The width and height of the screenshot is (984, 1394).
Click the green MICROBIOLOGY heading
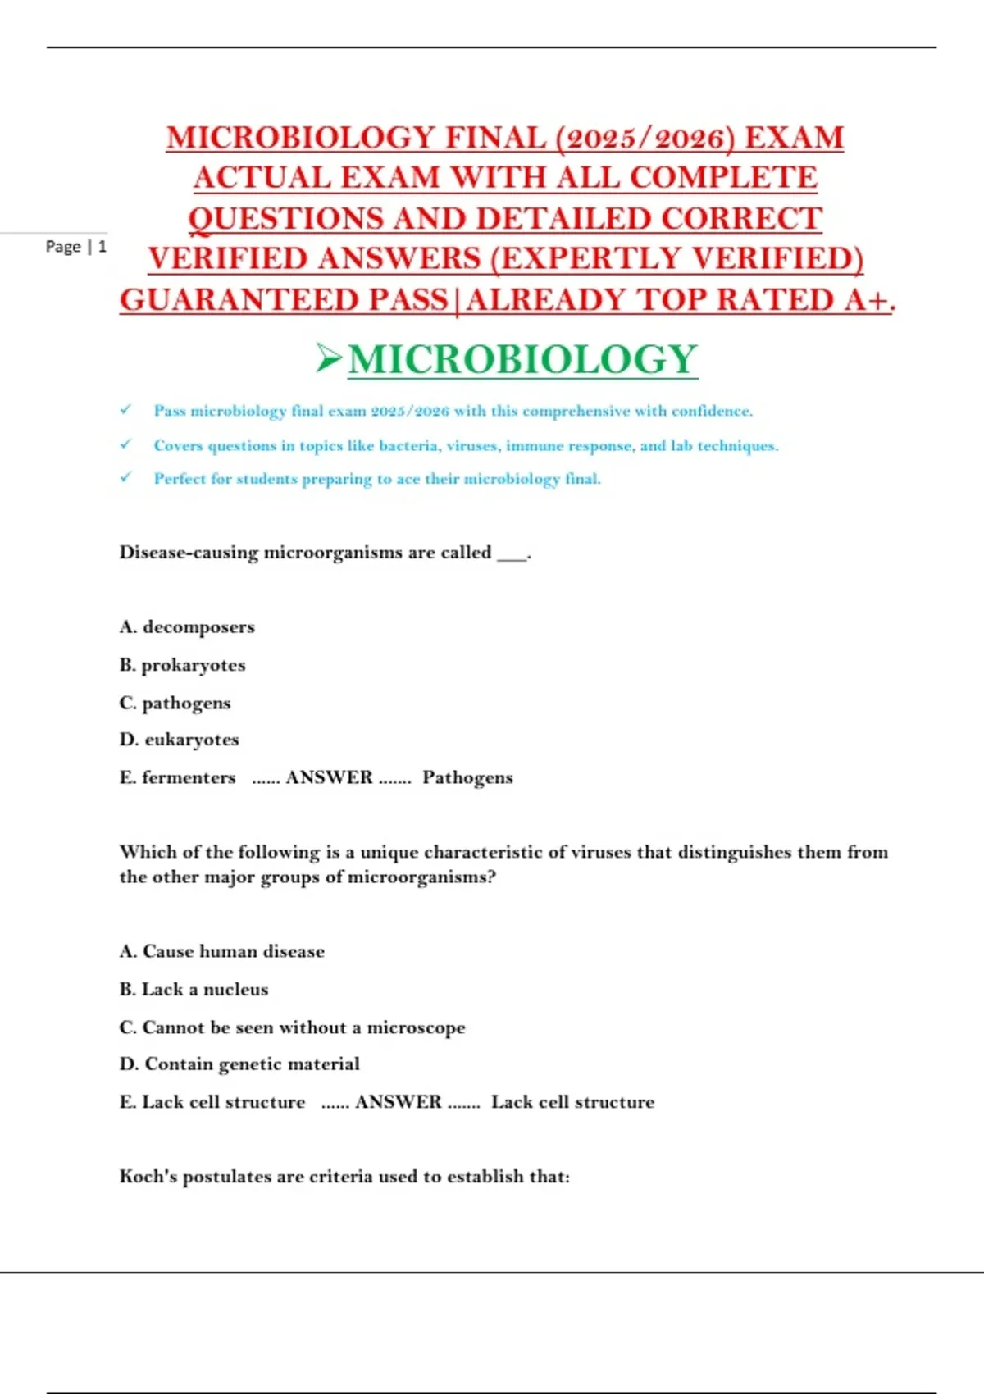[522, 360]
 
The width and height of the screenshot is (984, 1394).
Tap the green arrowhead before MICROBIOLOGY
[329, 358]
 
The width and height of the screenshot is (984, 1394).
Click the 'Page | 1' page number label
[75, 246]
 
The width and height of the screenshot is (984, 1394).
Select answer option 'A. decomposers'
[187, 627]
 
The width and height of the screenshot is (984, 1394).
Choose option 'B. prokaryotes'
[182, 665]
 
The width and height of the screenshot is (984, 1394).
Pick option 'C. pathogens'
[175, 703]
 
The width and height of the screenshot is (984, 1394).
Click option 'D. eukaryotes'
[179, 740]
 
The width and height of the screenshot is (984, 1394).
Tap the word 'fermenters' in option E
[189, 777]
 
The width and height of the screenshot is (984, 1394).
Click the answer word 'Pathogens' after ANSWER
[467, 777]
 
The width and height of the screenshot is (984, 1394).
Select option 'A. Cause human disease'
[221, 951]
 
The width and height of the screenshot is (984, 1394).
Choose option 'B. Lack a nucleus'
[194, 989]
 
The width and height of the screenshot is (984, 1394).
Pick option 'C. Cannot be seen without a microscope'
[292, 1027]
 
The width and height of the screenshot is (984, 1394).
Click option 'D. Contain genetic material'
[239, 1064]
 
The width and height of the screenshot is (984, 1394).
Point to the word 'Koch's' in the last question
[148, 1176]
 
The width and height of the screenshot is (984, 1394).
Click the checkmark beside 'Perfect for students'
[125, 477]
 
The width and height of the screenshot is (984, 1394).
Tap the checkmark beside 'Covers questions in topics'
[125, 444]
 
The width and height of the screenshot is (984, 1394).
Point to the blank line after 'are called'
[512, 554]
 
